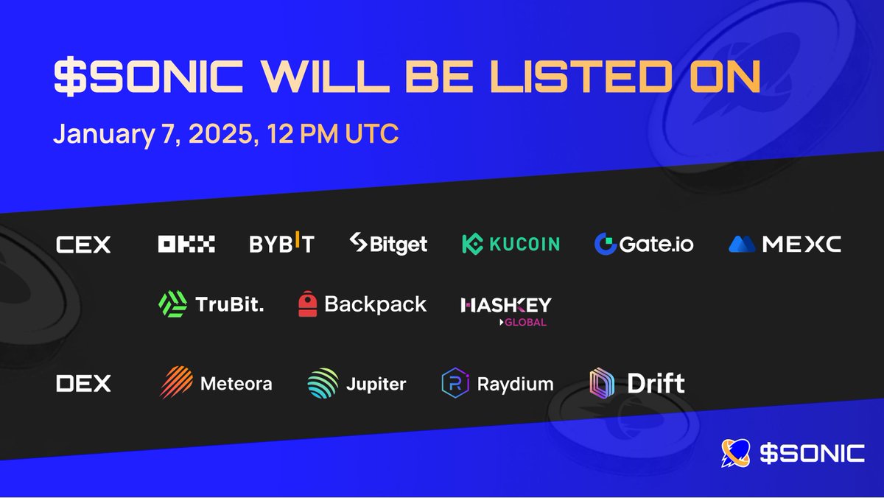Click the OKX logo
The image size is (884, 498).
coord(186,244)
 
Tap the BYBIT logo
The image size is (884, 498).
coord(281,244)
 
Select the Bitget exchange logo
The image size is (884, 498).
coord(388,244)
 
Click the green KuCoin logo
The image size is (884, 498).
coord(511,244)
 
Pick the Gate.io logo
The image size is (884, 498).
coord(644,244)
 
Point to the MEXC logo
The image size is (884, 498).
coord(785,244)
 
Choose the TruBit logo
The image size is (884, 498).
coord(211,304)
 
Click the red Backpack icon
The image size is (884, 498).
coord(308,304)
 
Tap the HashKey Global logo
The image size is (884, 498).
coord(505,309)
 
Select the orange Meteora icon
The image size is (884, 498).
coord(177,383)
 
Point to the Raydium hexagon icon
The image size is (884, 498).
coord(455,383)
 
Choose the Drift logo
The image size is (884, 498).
coord(638,383)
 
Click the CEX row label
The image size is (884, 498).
coord(83,245)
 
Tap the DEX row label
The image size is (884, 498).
coord(83,383)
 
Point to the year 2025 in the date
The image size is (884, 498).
coord(214,135)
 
